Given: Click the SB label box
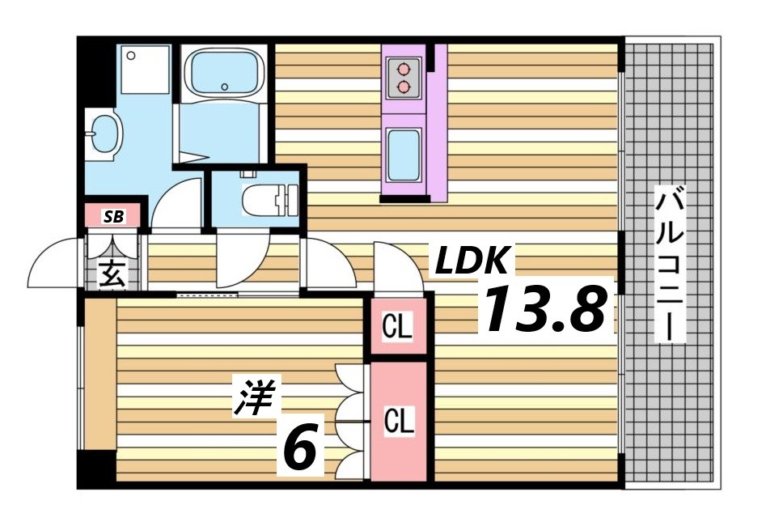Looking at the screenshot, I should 113,216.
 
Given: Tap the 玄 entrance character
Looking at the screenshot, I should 112,274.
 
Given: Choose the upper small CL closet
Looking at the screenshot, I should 398,328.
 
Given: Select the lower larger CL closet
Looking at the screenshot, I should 399,421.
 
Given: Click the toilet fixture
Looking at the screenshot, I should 269,198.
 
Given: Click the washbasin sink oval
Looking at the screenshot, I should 104,134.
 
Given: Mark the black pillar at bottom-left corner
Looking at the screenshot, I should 96,469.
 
